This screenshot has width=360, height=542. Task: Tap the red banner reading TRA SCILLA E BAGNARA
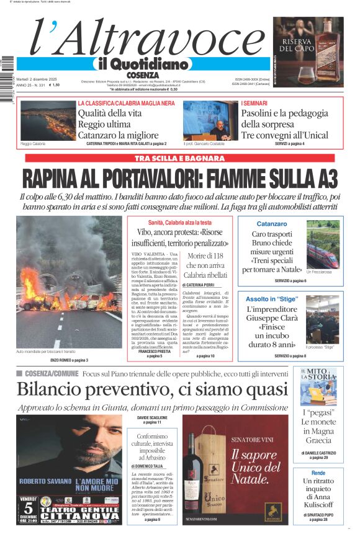pyautogui.click(x=179, y=158)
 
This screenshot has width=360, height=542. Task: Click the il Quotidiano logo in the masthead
pyautogui.click(x=142, y=64)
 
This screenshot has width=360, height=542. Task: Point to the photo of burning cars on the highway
pyautogui.click(x=69, y=282)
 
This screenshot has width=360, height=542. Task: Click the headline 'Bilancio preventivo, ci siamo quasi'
pyautogui.click(x=152, y=389)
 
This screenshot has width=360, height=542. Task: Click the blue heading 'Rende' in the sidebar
pyautogui.click(x=318, y=473)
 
